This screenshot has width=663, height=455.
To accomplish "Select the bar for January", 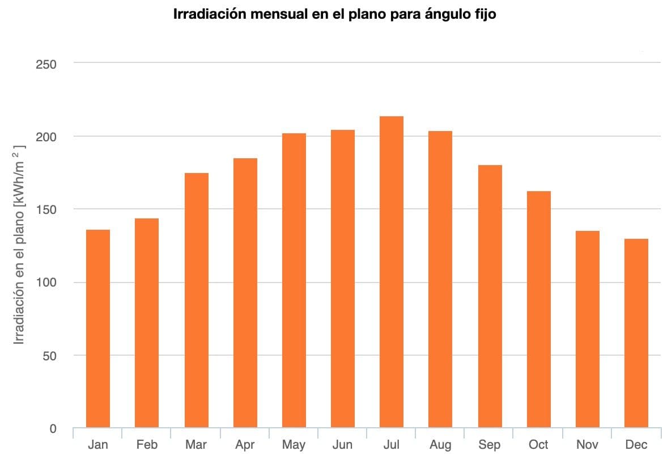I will [x=98, y=328].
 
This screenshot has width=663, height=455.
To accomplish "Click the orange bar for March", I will [x=196, y=300].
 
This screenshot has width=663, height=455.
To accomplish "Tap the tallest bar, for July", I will [x=392, y=272].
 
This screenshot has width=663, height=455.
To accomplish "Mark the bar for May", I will [x=294, y=280].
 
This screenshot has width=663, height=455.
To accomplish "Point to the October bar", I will [x=538, y=309].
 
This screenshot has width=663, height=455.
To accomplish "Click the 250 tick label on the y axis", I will [x=46, y=64].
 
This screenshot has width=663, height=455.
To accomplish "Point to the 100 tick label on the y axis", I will [x=46, y=283].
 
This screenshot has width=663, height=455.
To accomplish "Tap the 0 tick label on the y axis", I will [x=53, y=429].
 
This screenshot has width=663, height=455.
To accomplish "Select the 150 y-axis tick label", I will [x=46, y=210].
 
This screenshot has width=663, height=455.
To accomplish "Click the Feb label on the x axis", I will [x=147, y=444].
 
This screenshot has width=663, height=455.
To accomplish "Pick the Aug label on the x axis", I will [x=440, y=444].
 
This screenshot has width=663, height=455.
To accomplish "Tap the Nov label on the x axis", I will [x=587, y=444].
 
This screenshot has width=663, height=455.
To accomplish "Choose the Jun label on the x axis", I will [x=342, y=444].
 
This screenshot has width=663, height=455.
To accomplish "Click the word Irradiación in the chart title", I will [x=210, y=15].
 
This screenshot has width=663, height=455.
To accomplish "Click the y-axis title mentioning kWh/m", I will [x=19, y=245].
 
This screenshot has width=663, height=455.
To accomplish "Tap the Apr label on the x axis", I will [x=245, y=444].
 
